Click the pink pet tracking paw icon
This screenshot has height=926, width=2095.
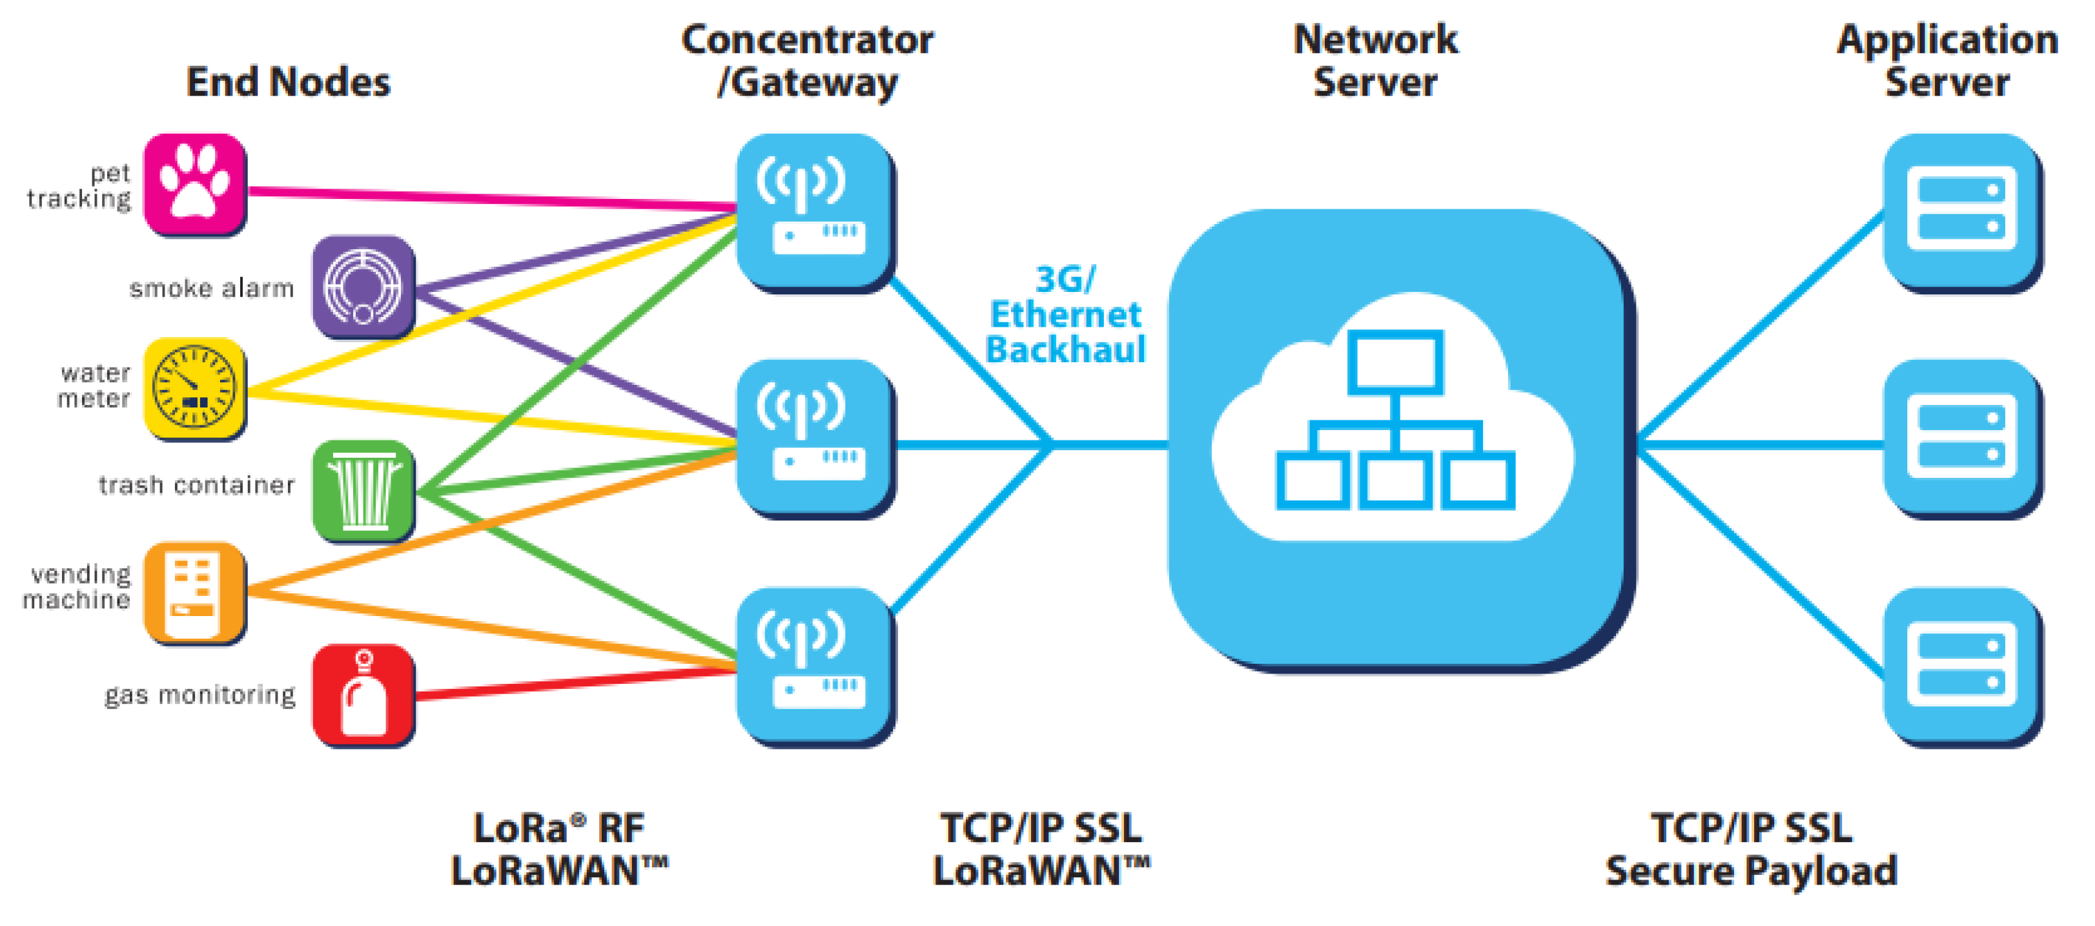click(194, 185)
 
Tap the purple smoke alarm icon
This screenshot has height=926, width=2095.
click(363, 287)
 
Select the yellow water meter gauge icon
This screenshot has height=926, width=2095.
click(194, 388)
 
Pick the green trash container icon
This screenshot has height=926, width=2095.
click(363, 491)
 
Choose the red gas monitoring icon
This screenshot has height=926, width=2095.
click(363, 694)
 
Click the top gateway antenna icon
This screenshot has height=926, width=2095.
click(813, 212)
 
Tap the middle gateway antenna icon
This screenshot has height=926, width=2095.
click(813, 438)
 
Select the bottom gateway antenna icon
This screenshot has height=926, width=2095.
click(813, 666)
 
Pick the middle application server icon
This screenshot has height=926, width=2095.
click(1961, 438)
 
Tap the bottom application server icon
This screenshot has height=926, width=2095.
click(1961, 666)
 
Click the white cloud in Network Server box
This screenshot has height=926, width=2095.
click(1393, 423)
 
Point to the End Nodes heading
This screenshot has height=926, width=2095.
click(288, 82)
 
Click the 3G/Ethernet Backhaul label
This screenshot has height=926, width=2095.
click(1065, 315)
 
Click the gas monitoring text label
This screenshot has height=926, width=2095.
click(200, 695)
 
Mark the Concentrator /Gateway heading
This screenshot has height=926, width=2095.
click(808, 61)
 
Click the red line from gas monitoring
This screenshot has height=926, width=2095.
click(569, 683)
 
